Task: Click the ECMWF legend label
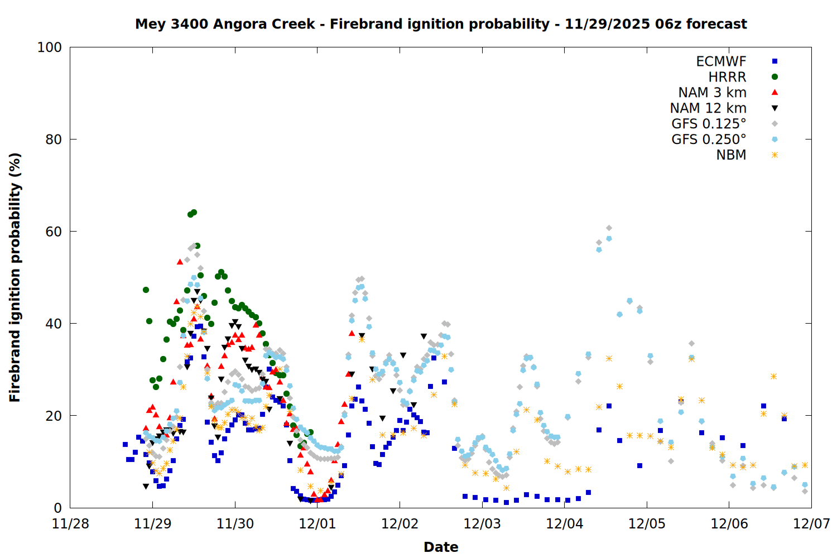tap(721, 61)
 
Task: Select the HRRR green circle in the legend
tap(775, 77)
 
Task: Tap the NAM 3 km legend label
tap(712, 93)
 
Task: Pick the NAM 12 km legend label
tap(708, 108)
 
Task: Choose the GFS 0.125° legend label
tap(709, 124)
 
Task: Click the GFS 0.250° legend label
tap(709, 139)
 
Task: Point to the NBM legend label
tap(731, 155)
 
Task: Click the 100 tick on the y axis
tap(50, 47)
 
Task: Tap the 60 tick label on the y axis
tap(54, 232)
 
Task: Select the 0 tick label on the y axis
tap(57, 508)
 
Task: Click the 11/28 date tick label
tap(70, 525)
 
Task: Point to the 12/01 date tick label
tap(318, 525)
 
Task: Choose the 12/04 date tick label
tap(565, 525)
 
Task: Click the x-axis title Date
tap(441, 547)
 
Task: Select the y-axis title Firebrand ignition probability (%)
tap(15, 277)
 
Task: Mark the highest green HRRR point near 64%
tap(194, 212)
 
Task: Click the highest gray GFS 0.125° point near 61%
tap(609, 228)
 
